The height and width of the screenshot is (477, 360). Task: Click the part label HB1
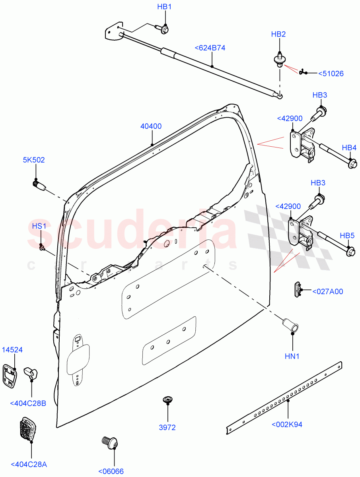coord(164,7)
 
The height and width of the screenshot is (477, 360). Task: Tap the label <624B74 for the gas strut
coord(210,48)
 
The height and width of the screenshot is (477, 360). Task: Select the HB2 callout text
coord(278,34)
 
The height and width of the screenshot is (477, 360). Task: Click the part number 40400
coord(151,126)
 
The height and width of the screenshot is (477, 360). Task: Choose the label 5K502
coord(34,160)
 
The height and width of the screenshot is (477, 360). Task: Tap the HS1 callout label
coord(39,226)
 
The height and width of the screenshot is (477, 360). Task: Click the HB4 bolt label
coord(349,148)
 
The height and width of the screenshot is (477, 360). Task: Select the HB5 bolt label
coord(347,235)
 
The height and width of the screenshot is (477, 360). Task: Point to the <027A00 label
coord(327,291)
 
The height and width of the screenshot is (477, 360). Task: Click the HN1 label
coord(292,357)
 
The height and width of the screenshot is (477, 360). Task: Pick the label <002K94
coord(287,425)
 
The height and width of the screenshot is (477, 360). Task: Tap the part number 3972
coord(167,428)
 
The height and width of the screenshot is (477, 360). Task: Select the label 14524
coord(12,350)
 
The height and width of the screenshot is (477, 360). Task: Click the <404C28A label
coord(29,464)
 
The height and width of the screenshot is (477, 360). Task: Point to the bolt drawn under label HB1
coord(164,29)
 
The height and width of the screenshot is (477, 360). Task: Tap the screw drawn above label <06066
coord(109,442)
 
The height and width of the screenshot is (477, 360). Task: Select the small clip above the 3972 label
coord(167,399)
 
